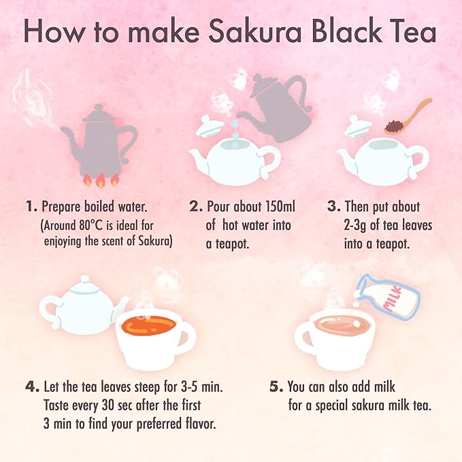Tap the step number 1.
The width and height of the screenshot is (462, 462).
pos(30,206)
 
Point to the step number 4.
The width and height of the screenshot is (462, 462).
pos(31,387)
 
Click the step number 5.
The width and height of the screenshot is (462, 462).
pos(276,387)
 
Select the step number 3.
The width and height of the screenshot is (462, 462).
pos(333,206)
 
